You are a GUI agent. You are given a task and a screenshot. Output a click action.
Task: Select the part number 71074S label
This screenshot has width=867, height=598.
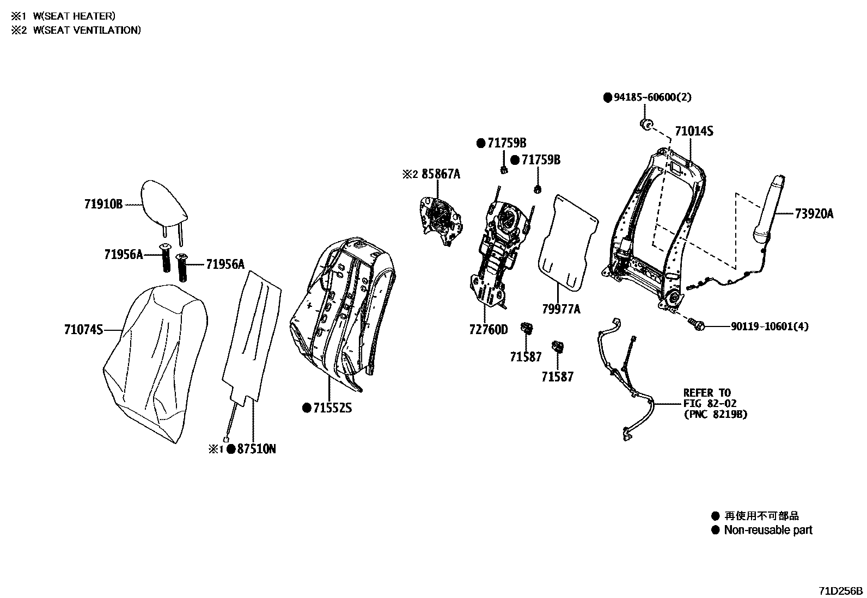click(x=83, y=330)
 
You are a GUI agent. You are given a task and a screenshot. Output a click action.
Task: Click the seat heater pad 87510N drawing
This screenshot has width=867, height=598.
click(x=252, y=337)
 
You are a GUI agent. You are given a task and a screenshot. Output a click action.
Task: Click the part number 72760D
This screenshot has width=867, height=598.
click(x=487, y=330)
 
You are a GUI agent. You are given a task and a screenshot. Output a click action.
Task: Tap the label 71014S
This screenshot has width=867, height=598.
click(x=694, y=131)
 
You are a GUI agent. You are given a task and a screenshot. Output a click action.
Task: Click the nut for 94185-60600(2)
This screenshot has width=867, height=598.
click(x=646, y=125)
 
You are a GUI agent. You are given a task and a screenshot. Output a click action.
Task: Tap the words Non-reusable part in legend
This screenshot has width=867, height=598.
click(x=767, y=530)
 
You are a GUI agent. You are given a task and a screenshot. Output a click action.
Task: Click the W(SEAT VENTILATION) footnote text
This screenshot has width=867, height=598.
click(x=87, y=30)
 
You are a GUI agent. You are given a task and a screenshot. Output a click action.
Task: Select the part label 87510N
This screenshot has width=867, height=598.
click(x=257, y=449)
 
